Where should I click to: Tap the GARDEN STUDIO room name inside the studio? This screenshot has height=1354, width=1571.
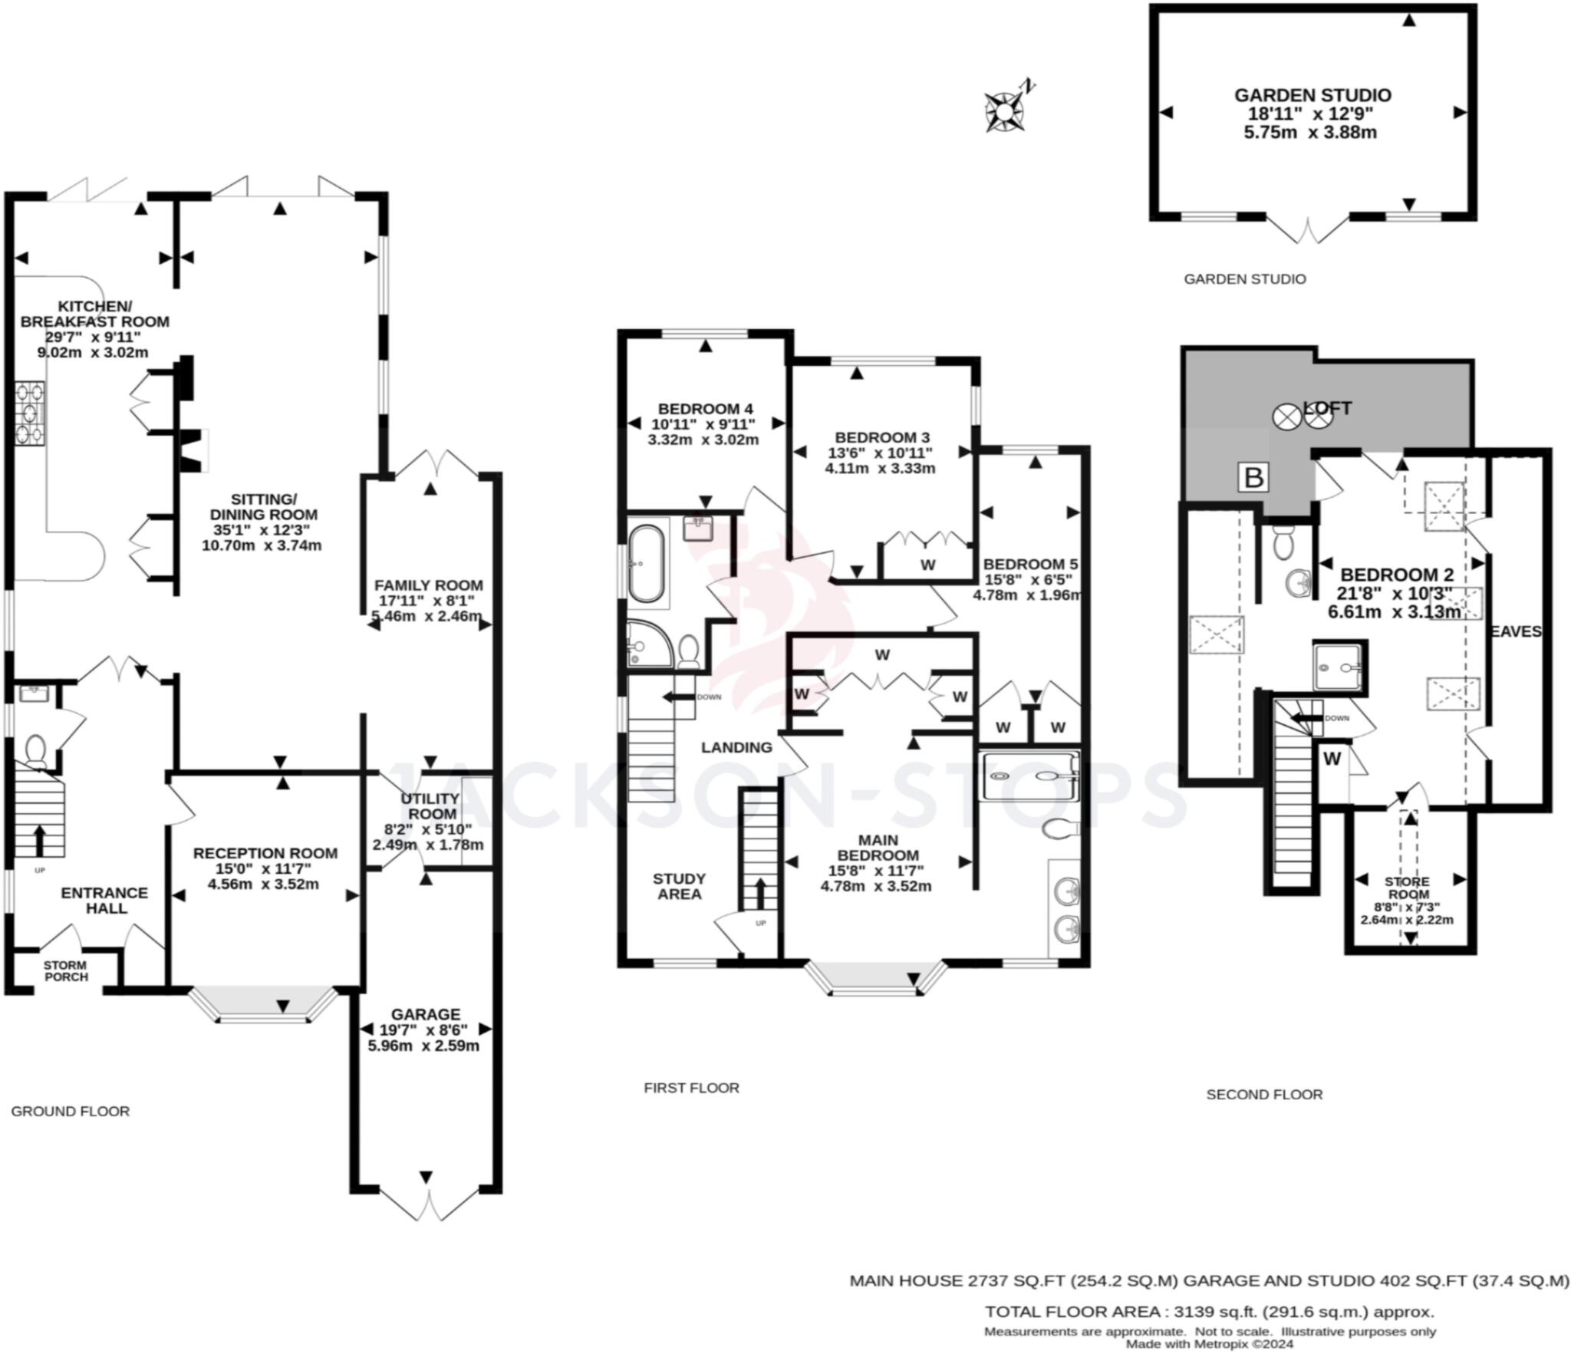1312,95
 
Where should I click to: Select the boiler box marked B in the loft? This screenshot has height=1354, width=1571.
1253,477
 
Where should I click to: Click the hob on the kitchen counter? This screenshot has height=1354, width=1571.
29,414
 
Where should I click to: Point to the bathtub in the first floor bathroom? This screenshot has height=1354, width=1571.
647,564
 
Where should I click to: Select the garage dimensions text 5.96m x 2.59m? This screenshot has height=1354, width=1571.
423,1046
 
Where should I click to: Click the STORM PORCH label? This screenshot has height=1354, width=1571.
65,970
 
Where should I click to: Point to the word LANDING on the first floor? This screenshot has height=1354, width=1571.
736,747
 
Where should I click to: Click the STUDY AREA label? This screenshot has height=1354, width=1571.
680,886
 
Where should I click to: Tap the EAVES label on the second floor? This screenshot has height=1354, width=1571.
1515,631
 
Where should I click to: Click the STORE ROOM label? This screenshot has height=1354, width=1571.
1407,888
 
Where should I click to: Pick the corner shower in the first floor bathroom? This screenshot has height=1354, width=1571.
649,644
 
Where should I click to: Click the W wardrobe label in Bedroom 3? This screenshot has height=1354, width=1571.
928,565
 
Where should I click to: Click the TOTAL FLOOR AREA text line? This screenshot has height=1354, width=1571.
1209,1311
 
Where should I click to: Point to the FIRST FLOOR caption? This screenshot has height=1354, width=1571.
691,1088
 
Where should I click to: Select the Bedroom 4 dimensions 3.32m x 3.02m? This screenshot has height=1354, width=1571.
703,440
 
